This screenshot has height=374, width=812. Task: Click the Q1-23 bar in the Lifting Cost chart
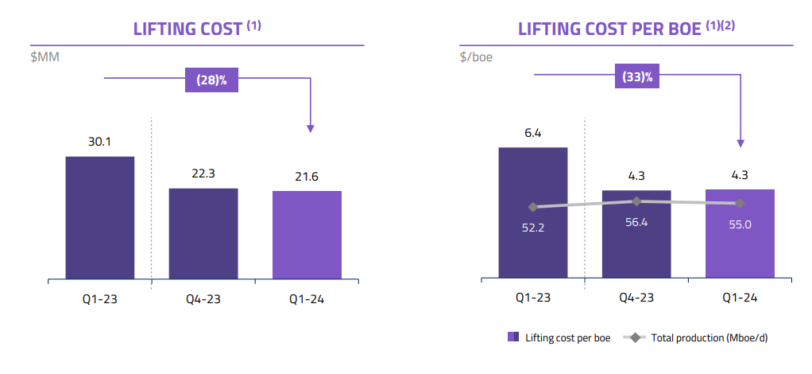(100, 217)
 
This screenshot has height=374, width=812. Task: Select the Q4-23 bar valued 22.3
(203, 233)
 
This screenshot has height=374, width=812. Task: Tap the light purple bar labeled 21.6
(307, 235)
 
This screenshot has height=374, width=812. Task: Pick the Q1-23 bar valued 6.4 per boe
(532, 212)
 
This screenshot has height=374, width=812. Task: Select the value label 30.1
(99, 142)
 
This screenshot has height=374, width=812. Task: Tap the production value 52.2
(532, 228)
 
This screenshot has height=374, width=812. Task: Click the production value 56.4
(636, 223)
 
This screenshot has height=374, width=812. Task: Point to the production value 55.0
(740, 224)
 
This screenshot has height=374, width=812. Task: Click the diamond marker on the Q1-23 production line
(532, 207)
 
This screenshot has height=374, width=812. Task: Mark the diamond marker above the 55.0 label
(740, 203)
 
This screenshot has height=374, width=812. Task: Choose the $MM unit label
(44, 57)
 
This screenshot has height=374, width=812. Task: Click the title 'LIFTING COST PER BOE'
(610, 29)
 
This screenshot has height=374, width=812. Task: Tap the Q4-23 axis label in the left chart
(203, 299)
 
